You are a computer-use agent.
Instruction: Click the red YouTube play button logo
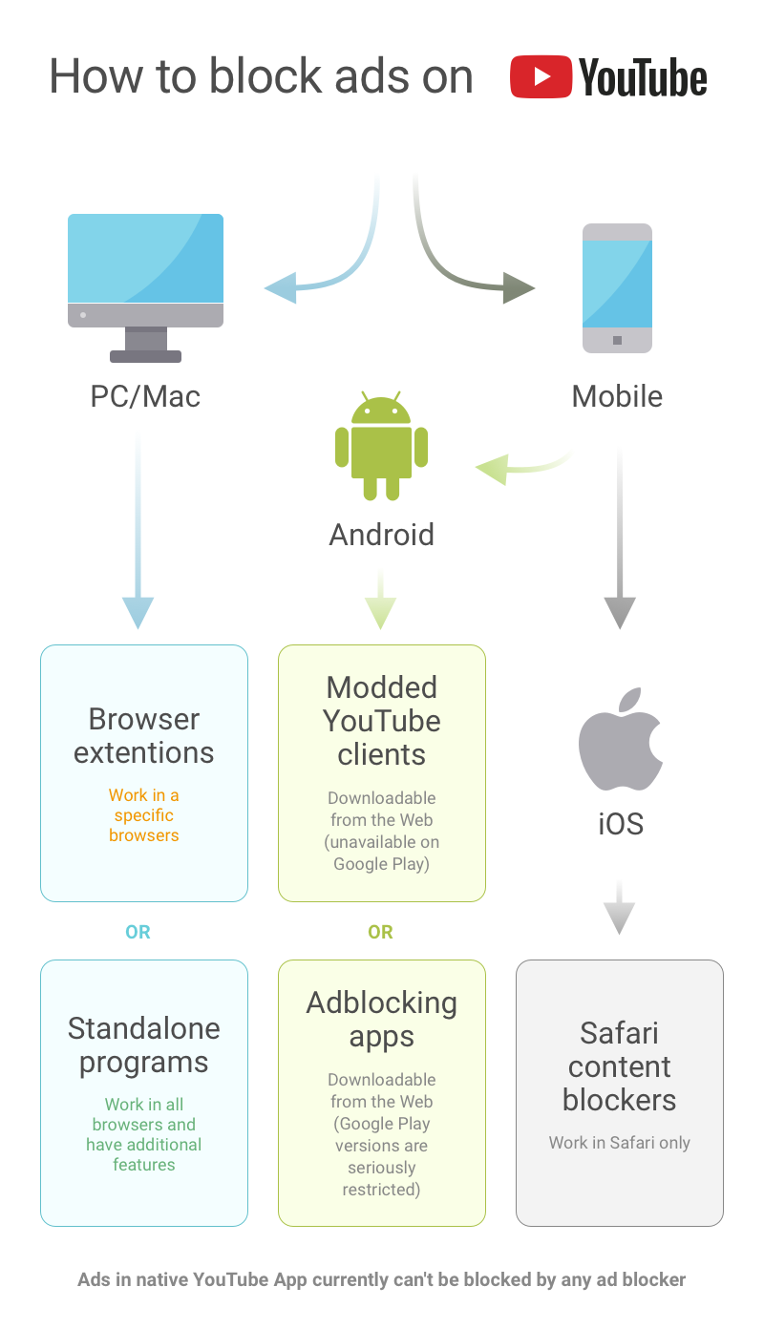click(x=541, y=76)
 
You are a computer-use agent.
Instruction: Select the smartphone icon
click(x=617, y=288)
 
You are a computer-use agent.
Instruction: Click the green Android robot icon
click(x=381, y=446)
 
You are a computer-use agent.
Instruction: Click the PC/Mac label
click(x=145, y=396)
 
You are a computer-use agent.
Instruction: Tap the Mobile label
click(x=617, y=396)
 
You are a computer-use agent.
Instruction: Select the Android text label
click(x=381, y=534)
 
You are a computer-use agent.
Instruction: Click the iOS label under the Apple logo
click(x=620, y=824)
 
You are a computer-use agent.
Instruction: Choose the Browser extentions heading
click(x=144, y=735)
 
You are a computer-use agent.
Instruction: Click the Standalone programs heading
click(x=144, y=1044)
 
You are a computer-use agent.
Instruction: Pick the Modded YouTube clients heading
click(x=382, y=720)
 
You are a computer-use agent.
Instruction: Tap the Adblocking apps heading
click(x=382, y=1019)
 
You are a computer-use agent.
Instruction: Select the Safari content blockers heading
click(x=620, y=1065)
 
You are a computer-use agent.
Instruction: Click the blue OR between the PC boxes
click(x=138, y=932)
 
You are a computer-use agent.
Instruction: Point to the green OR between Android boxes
click(x=380, y=932)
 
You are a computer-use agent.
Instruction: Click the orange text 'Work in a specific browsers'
click(x=144, y=815)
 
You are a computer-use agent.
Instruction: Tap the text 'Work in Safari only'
click(x=620, y=1143)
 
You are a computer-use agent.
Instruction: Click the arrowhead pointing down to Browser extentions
click(x=138, y=611)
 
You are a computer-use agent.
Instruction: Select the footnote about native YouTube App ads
click(x=382, y=1279)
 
